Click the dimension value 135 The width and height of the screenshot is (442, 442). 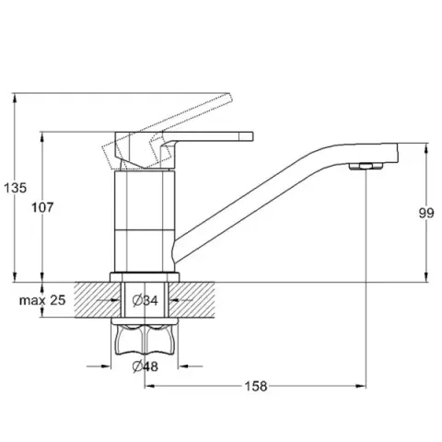[15, 188]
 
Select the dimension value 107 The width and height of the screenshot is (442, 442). [42, 207]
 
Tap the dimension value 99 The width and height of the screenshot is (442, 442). [426, 213]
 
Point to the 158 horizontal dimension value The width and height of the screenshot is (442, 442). [256, 386]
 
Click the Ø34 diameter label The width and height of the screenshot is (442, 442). [145, 300]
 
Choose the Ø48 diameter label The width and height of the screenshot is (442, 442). [145, 366]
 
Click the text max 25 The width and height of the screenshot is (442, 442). [42, 300]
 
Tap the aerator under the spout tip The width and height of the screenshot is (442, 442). [366, 167]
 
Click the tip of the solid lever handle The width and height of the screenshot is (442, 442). [252, 136]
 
